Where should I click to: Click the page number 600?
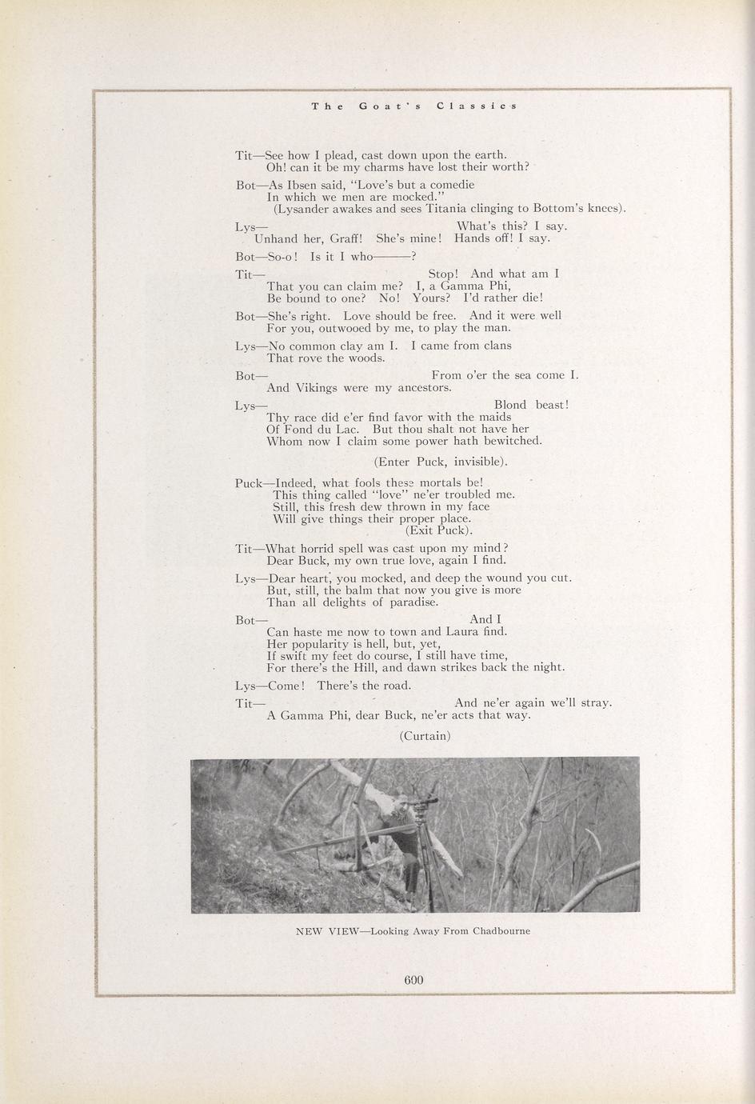[x=413, y=979]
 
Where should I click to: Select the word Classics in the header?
[x=477, y=106]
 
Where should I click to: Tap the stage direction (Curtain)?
[x=425, y=736]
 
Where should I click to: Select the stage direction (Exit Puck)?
[x=439, y=530]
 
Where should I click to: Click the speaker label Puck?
[x=249, y=483]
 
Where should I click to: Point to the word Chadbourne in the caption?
[x=501, y=931]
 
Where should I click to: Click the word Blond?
[x=510, y=405]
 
